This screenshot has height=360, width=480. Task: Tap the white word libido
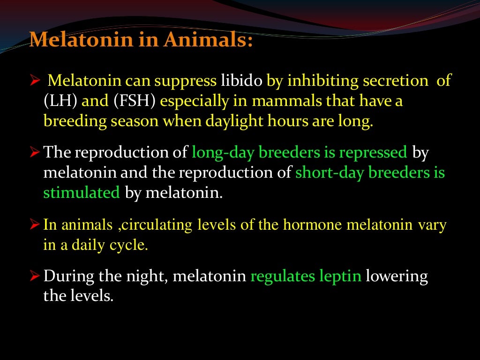click(x=242, y=81)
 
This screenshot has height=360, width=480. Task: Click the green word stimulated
click(x=82, y=193)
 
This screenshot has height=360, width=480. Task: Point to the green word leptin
click(x=340, y=276)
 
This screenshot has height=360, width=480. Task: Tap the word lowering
click(x=397, y=276)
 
